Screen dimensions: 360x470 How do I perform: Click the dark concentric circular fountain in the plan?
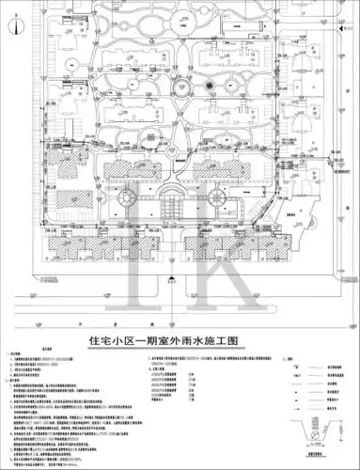(x=196, y=87)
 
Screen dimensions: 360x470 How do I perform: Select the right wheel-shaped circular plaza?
(x=215, y=198)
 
